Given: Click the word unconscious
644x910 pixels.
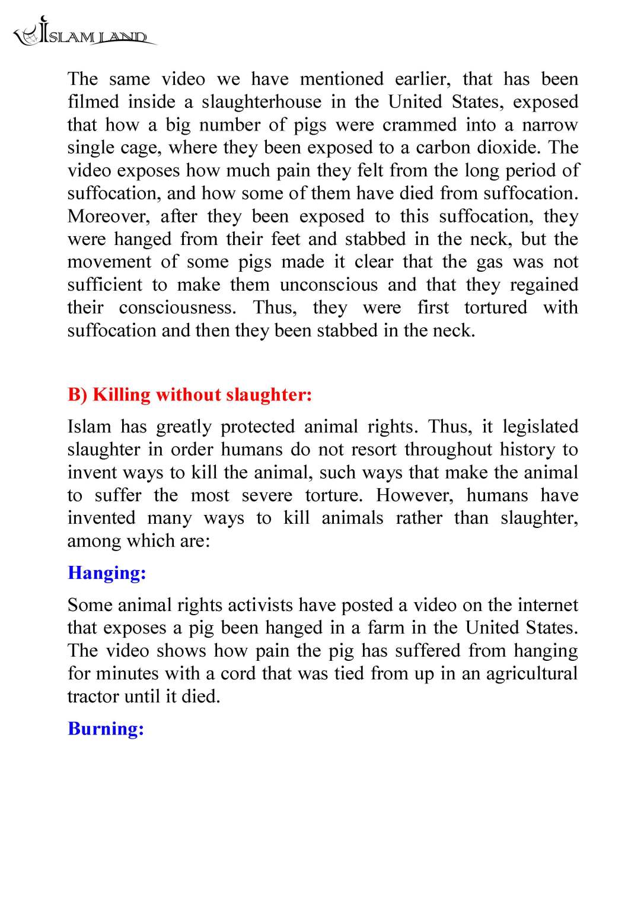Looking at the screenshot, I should tap(329, 285).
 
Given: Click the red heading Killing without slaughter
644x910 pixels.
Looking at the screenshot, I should tap(190, 394).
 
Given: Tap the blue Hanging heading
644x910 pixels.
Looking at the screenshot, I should tap(107, 573).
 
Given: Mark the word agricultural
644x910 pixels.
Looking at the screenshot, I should tap(531, 674).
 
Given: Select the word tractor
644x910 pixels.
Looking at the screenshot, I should tap(89, 696).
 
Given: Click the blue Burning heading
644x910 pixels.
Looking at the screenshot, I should tap(106, 729).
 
